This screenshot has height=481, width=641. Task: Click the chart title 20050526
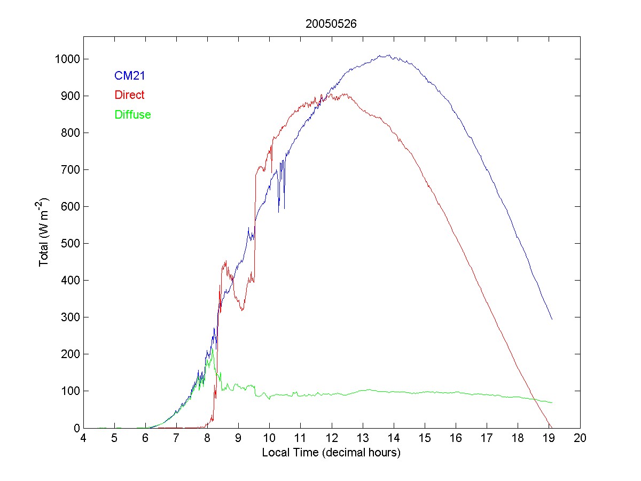click(331, 24)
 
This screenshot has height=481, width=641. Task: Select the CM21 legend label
click(130, 76)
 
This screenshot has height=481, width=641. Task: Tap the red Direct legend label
click(129, 95)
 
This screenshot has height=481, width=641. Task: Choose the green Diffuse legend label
click(132, 114)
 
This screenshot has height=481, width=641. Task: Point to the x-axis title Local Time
click(331, 452)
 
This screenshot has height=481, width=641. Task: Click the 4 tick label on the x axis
click(83, 438)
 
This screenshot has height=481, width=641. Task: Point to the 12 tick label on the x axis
click(332, 438)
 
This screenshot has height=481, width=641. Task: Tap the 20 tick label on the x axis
click(580, 438)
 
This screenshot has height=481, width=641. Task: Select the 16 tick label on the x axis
click(456, 438)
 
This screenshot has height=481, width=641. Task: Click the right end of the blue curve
click(552, 319)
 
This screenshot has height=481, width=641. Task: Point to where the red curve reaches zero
click(550, 427)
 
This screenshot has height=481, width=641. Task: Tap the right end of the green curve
click(552, 402)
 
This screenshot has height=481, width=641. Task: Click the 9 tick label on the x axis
click(238, 438)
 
